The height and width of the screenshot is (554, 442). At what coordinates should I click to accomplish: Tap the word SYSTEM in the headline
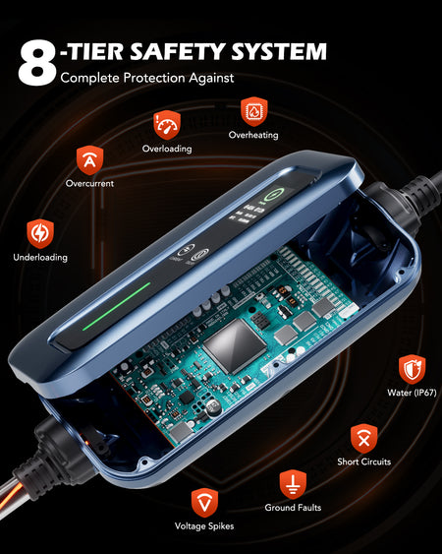click(279, 51)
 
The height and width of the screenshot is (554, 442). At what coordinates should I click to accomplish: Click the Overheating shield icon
click(253, 111)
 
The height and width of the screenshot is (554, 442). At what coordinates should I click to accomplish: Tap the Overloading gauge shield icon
click(167, 125)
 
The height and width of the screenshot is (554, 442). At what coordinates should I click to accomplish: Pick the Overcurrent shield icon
click(90, 160)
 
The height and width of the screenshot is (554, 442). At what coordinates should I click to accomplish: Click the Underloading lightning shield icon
click(40, 233)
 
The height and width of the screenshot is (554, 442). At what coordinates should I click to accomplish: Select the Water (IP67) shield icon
click(412, 369)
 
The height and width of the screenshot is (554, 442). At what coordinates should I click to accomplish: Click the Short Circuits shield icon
click(364, 439)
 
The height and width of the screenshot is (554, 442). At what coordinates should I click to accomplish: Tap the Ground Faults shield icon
click(293, 484)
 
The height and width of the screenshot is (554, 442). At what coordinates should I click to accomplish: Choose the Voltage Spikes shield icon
click(204, 503)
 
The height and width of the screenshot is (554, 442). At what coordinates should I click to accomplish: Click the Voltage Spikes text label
click(204, 526)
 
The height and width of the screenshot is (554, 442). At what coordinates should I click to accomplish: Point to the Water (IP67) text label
click(412, 393)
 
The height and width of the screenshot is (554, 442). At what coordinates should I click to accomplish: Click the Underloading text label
click(40, 257)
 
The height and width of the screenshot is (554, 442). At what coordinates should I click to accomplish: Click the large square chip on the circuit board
click(235, 346)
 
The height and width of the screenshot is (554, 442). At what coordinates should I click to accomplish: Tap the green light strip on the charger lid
click(117, 306)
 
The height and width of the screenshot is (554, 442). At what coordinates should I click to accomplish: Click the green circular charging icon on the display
click(274, 194)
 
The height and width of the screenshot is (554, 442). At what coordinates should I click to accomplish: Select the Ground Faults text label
click(293, 508)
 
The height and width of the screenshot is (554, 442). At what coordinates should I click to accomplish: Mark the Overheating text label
click(253, 135)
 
